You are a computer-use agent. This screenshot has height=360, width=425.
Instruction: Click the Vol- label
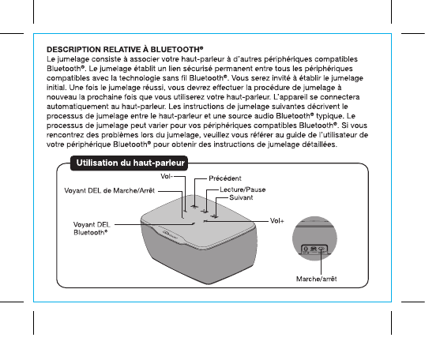[x=167, y=176]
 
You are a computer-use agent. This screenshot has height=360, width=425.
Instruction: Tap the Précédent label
[x=225, y=178]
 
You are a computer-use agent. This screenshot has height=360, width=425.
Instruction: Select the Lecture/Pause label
[x=243, y=189]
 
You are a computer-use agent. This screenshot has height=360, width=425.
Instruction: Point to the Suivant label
[x=241, y=197]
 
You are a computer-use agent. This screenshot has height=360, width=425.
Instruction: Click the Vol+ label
[x=277, y=221]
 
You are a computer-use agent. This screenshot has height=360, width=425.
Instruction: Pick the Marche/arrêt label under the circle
[x=316, y=279]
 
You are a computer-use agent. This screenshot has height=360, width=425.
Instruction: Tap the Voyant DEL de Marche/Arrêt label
[x=110, y=191]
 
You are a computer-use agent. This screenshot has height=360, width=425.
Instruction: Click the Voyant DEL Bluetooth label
[x=92, y=228]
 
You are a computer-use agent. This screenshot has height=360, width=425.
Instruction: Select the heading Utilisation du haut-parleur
[x=130, y=163]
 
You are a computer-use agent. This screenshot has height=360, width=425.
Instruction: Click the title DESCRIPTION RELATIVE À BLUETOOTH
[x=125, y=49]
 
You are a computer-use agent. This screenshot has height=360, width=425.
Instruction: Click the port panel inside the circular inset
[x=314, y=249]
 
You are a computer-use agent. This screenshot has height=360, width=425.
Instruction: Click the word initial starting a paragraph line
[x=56, y=88]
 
